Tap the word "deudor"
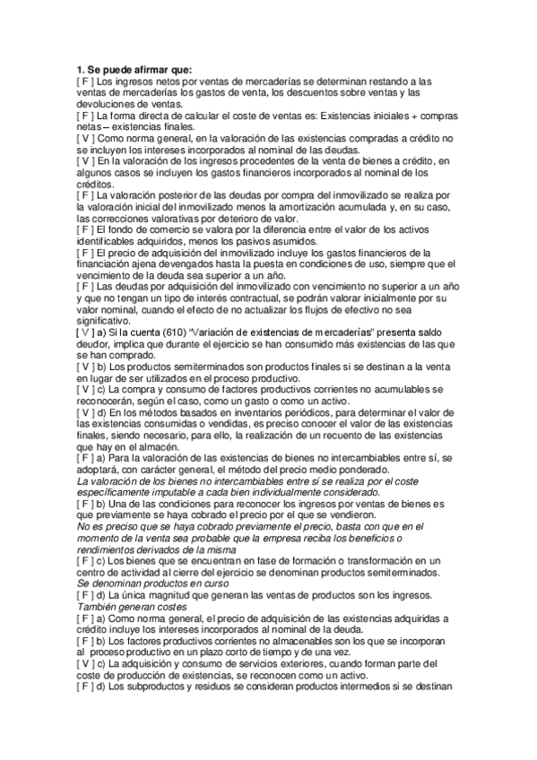click(96, 345)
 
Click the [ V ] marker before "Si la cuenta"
click(86, 333)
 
